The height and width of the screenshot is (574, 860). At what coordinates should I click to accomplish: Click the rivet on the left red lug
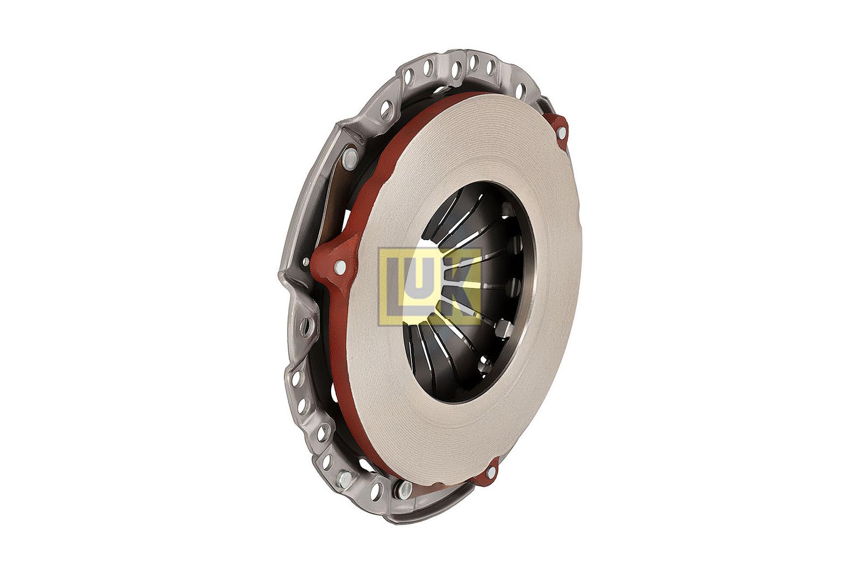pos(340,267)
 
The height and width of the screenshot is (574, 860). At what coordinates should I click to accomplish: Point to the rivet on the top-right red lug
pos(561,132)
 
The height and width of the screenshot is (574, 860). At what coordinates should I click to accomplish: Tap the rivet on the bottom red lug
pos(491,472)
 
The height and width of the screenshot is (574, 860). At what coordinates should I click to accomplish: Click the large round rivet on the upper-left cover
pos(349,158)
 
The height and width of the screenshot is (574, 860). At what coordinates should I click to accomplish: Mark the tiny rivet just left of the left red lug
pos(306,262)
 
